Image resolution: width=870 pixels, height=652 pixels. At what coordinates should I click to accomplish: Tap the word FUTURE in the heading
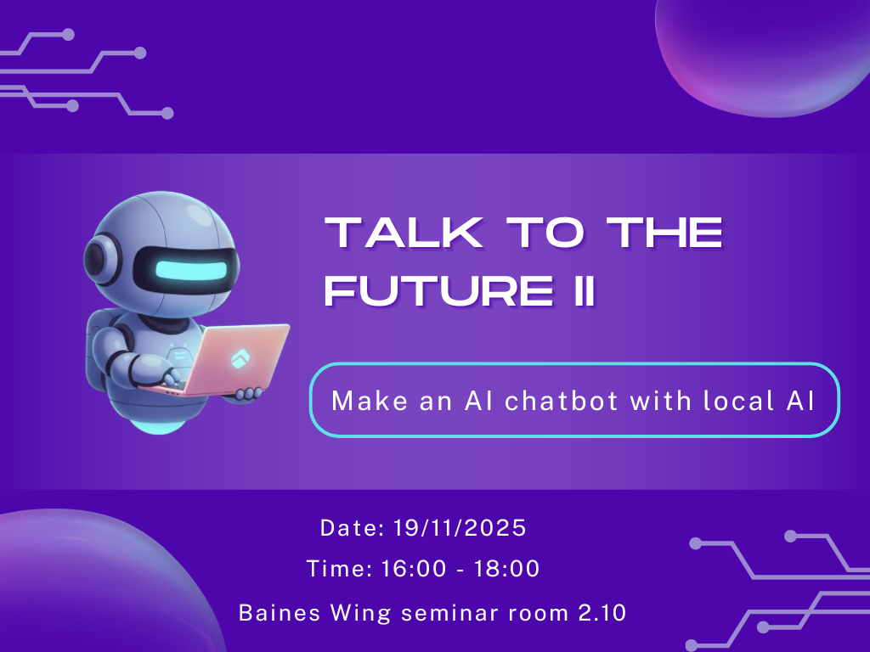pos(432,291)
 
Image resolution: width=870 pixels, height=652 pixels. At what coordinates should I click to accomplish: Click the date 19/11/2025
pos(460,528)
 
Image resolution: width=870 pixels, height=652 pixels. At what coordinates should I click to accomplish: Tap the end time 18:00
pos(507,569)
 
